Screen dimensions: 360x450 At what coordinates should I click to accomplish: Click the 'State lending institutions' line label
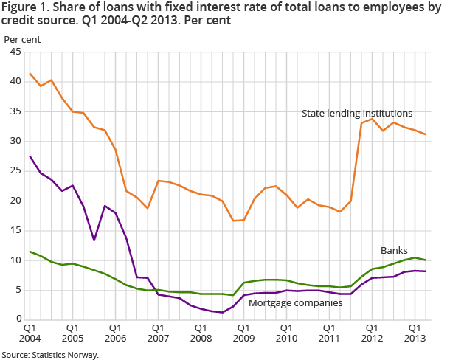(x=357, y=113)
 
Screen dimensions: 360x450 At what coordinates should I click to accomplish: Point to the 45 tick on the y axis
(x=15, y=52)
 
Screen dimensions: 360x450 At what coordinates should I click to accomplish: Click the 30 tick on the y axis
(x=15, y=141)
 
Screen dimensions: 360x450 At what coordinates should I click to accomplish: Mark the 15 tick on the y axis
(x=15, y=230)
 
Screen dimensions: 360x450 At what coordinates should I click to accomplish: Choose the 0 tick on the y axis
(x=18, y=319)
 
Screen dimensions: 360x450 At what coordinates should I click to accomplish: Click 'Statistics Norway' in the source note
(x=66, y=355)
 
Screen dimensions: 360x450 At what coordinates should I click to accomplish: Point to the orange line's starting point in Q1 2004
(x=30, y=73)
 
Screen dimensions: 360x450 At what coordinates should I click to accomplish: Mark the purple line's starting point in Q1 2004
(x=30, y=156)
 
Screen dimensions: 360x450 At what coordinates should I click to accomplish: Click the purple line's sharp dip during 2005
(x=94, y=240)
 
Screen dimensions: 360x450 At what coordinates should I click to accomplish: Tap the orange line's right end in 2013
(x=426, y=134)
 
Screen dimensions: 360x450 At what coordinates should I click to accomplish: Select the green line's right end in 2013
(x=426, y=260)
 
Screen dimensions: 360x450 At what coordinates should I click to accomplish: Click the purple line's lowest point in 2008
(x=222, y=312)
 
